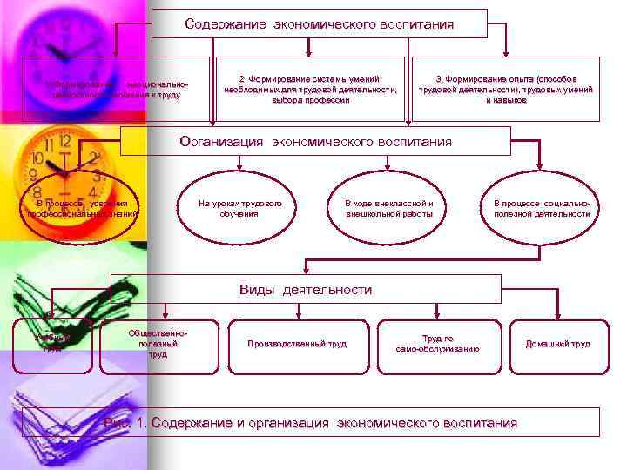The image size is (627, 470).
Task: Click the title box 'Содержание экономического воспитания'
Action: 319,24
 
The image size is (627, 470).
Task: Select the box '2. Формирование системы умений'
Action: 310,89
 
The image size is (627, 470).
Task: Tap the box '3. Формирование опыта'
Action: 505,89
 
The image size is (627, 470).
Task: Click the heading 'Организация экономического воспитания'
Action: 314,141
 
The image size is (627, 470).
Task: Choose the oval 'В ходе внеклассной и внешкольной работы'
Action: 388,209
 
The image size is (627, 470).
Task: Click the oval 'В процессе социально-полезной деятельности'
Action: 542,209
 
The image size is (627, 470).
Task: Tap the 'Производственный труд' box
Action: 297,344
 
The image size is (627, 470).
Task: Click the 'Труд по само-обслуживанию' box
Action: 438,344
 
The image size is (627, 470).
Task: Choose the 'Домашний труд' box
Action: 557,344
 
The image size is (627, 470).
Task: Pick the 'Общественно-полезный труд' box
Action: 157,344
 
